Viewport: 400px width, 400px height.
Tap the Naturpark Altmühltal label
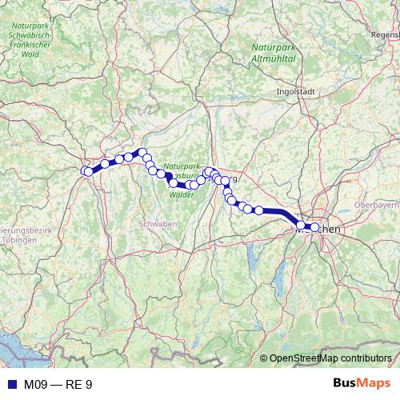point(274,54)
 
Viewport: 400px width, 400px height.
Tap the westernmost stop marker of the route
point(87,170)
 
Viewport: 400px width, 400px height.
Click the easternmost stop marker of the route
point(314,227)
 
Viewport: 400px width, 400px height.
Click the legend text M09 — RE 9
point(58,385)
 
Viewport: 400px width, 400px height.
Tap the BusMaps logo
point(362,384)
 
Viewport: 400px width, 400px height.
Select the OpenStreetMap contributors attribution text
point(330,358)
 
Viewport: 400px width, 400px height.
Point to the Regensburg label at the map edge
point(387,36)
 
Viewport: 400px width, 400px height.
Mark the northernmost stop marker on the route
point(142,152)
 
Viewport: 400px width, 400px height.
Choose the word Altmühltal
point(274,58)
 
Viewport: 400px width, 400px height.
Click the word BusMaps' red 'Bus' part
point(346,384)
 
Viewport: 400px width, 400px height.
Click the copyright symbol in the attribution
point(264,358)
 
